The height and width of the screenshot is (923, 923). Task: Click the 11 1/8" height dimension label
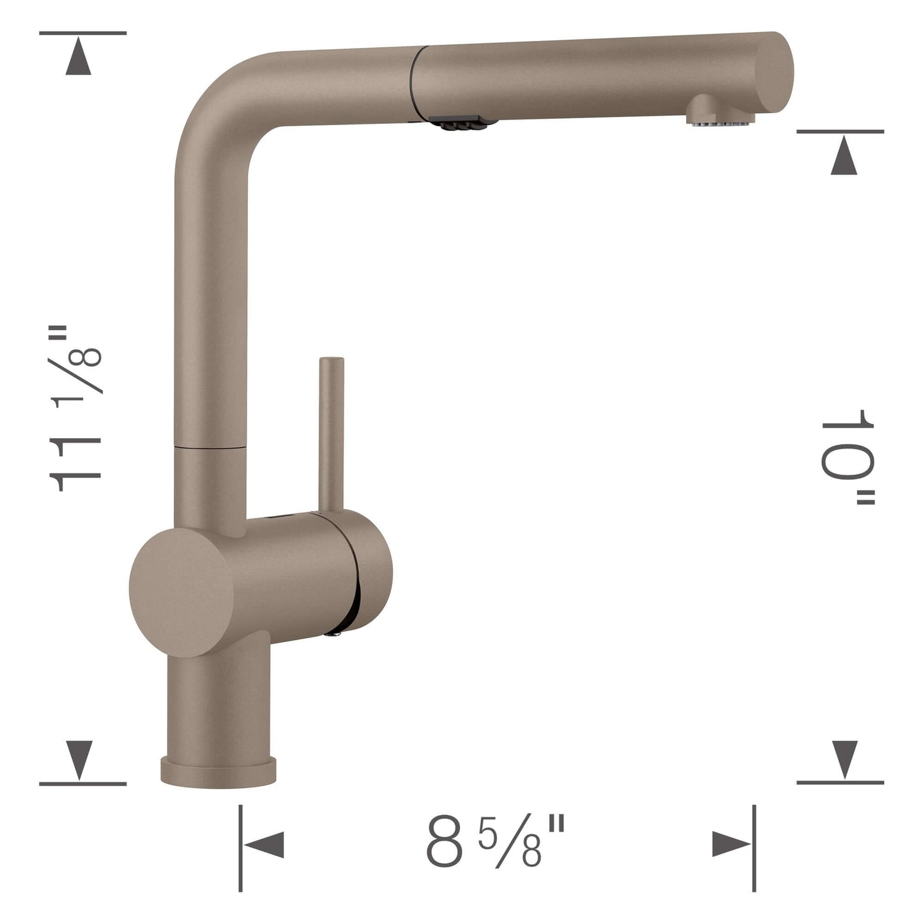coord(75,409)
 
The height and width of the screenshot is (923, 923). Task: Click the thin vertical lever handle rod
coord(332,434)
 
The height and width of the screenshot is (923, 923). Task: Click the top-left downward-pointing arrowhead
coord(79,57)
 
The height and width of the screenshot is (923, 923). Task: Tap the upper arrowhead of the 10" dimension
coord(844,157)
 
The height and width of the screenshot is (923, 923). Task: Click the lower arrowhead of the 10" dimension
coord(844,759)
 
